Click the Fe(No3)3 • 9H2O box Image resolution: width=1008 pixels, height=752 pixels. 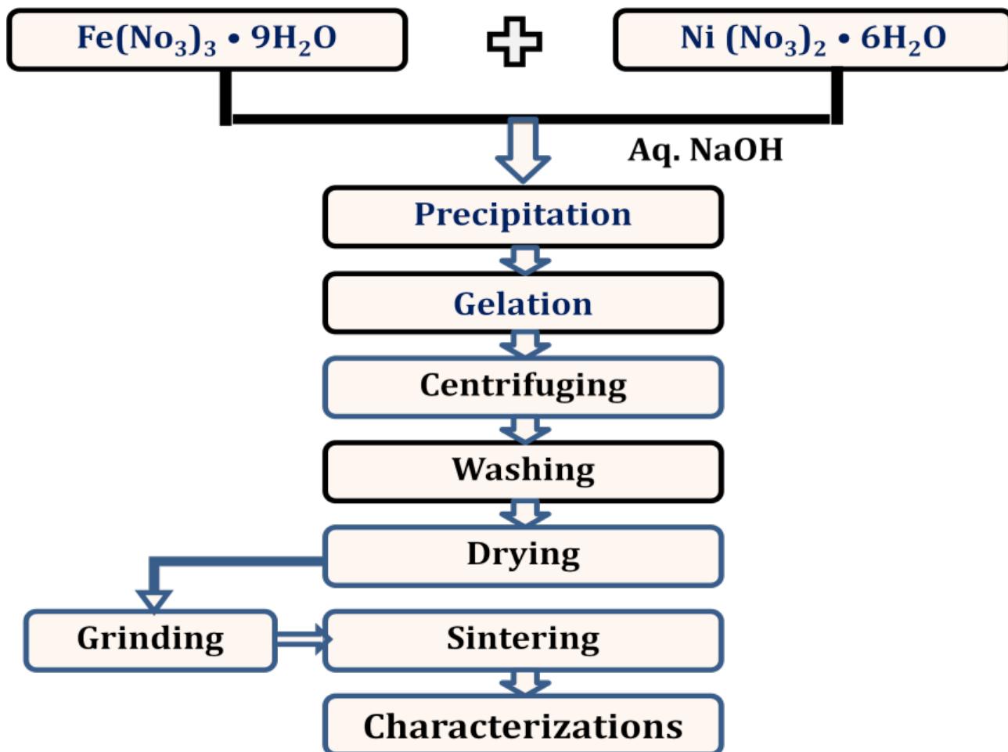click(207, 39)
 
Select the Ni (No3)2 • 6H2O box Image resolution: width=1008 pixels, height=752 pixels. click(811, 39)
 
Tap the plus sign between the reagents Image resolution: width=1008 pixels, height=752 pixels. click(514, 41)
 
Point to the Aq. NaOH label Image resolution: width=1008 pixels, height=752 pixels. click(705, 149)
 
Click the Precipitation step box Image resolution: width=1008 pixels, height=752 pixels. click(523, 216)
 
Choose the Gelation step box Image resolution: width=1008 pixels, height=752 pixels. click(523, 304)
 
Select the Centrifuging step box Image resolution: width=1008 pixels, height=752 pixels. click(523, 387)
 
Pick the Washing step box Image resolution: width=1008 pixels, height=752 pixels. click(523, 471)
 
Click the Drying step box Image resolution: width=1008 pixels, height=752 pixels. click(523, 556)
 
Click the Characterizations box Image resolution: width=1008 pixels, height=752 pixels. click(523, 725)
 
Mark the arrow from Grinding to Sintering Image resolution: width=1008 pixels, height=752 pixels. click(301, 639)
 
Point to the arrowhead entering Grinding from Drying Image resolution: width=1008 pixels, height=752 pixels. click(154, 599)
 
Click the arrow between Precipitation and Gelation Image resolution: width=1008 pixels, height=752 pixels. click(524, 261)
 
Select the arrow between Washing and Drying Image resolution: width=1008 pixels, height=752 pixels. click(524, 513)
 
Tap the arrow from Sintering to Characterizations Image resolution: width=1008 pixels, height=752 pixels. click(524, 682)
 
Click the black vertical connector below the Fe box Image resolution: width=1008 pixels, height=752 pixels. click(225, 97)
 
